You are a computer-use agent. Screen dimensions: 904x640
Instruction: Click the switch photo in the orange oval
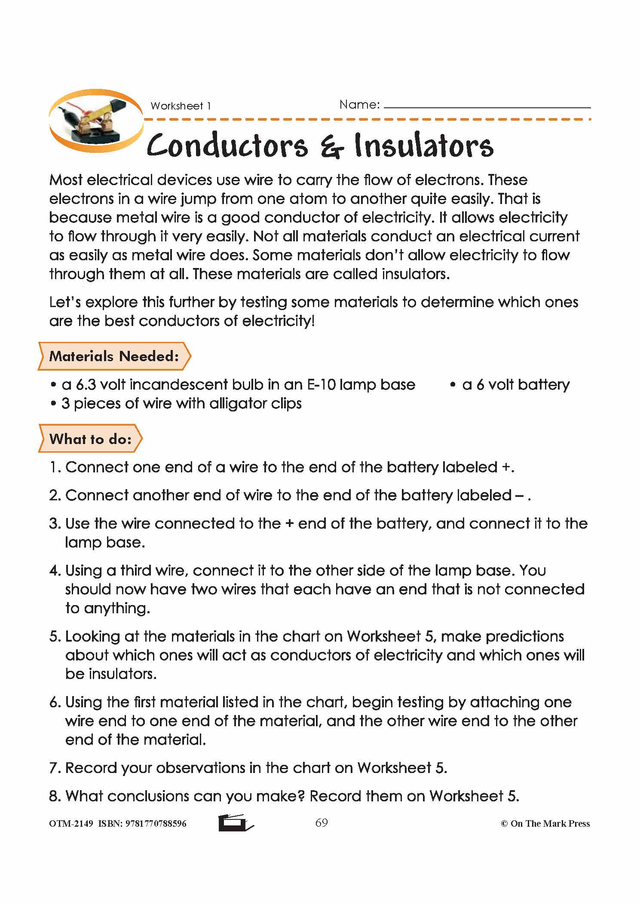[96, 121]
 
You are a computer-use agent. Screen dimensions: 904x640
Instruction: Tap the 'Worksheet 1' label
[181, 106]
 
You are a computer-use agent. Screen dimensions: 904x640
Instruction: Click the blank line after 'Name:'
[487, 106]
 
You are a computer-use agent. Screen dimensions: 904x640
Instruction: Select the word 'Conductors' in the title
[227, 146]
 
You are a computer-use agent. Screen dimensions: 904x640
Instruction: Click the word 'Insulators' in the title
[423, 146]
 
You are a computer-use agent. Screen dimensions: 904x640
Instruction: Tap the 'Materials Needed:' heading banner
[114, 356]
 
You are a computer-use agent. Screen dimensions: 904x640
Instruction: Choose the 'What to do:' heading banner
[90, 438]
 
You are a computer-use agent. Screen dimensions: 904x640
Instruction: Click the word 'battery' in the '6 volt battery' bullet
[544, 384]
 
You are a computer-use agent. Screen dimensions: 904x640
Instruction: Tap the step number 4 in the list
[54, 571]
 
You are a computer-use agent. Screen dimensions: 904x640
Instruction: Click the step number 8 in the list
[54, 796]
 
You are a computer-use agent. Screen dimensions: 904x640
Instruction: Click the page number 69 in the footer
[322, 823]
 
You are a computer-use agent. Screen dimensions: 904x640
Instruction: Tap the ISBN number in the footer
[156, 824]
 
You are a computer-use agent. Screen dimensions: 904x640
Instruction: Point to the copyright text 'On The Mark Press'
[550, 824]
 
